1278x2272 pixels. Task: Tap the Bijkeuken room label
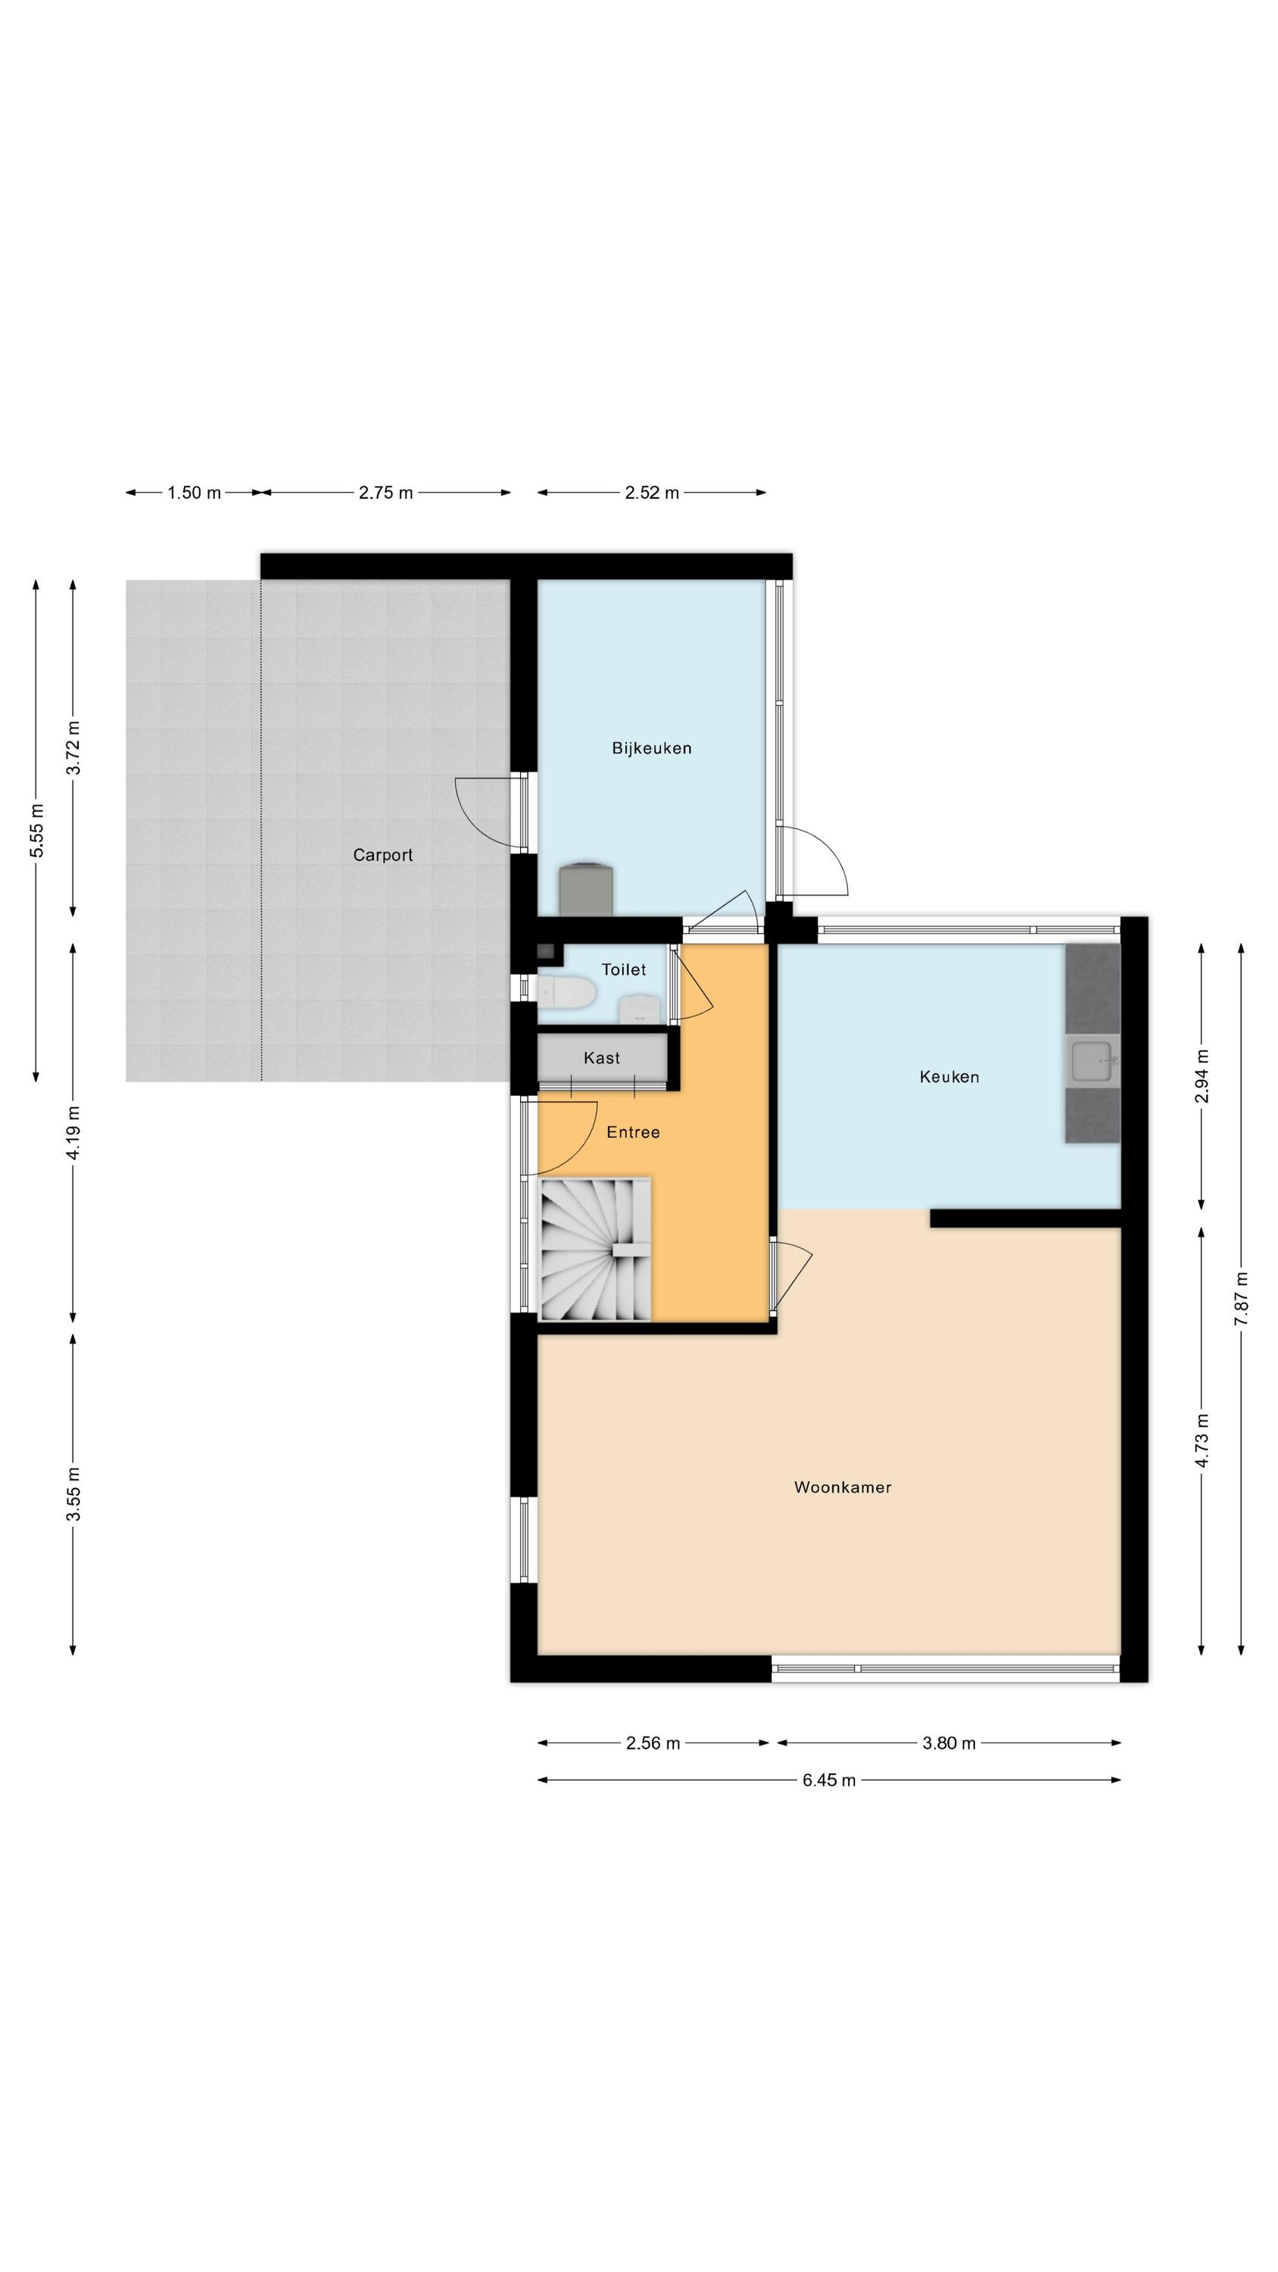(652, 748)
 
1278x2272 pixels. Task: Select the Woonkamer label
(843, 1487)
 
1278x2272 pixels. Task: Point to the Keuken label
(949, 1076)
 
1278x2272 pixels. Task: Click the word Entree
(633, 1131)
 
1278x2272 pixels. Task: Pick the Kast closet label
(601, 1057)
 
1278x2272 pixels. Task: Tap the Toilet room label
(624, 969)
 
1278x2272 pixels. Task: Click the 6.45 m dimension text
(828, 1780)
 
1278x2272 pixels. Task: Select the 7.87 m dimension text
(1241, 1298)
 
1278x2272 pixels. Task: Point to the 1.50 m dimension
(194, 493)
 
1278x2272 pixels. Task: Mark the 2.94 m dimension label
(1202, 1076)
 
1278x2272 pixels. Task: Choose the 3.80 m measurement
(949, 1743)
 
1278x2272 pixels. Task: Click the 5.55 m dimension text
(36, 831)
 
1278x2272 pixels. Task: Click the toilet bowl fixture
(567, 992)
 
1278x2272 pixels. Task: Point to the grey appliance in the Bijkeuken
(587, 888)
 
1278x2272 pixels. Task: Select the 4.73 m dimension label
(1202, 1440)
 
